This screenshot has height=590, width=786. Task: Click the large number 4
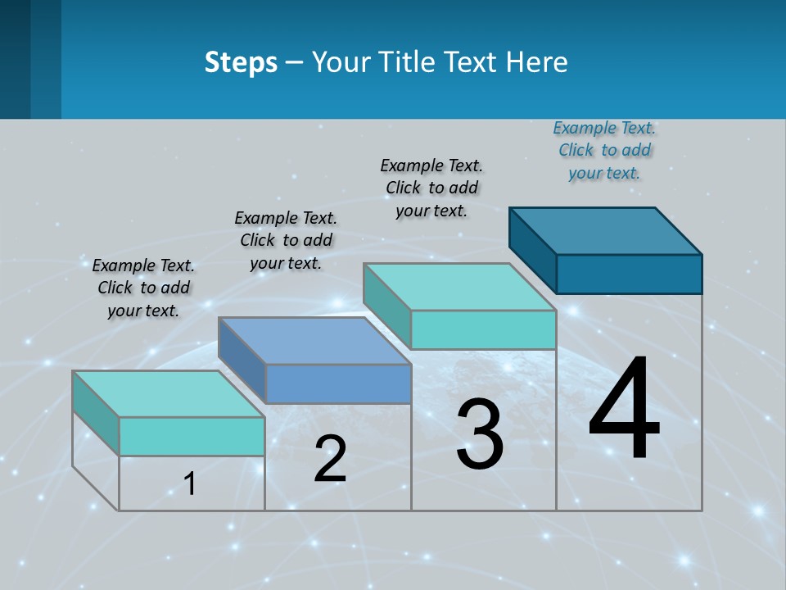pyautogui.click(x=624, y=410)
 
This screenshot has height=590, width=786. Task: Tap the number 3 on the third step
pyautogui.click(x=480, y=434)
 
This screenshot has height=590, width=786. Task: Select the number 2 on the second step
pyautogui.click(x=331, y=459)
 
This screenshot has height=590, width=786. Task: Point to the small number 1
pyautogui.click(x=190, y=483)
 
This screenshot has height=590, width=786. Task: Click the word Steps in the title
pyautogui.click(x=241, y=61)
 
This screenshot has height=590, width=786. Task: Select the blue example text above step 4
pyautogui.click(x=604, y=150)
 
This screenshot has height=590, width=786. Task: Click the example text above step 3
pyautogui.click(x=431, y=188)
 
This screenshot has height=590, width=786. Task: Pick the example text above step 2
pyautogui.click(x=286, y=240)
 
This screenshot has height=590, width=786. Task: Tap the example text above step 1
pyautogui.click(x=143, y=288)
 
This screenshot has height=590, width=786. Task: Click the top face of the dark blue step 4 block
pyautogui.click(x=606, y=230)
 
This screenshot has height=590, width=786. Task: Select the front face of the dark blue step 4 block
pyautogui.click(x=629, y=274)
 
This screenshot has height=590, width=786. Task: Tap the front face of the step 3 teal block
pyautogui.click(x=483, y=329)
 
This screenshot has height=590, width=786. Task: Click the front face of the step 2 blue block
pyautogui.click(x=338, y=383)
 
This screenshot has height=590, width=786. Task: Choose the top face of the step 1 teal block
pyautogui.click(x=169, y=394)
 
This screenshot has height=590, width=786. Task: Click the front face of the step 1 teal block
pyautogui.click(x=192, y=436)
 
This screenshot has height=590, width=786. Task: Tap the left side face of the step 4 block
pyautogui.click(x=532, y=250)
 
